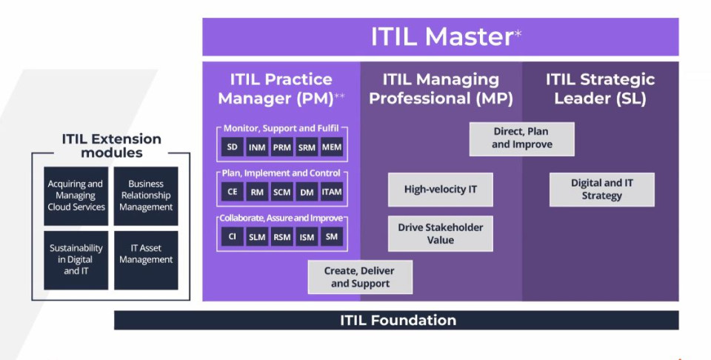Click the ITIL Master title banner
point(440,37)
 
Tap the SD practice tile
point(232,147)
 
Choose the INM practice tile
point(257,147)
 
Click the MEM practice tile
point(332,147)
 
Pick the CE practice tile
point(232,192)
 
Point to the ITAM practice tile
point(332,192)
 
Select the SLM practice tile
point(257,237)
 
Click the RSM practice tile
point(282,237)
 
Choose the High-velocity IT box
point(440,190)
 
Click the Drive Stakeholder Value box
point(440,234)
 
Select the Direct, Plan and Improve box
point(521,139)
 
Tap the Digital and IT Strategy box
point(601,190)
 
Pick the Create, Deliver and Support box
point(360,277)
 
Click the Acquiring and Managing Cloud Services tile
point(76,196)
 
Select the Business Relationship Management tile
point(146,196)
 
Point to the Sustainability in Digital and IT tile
point(76,259)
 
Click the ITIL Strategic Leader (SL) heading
point(600,88)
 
